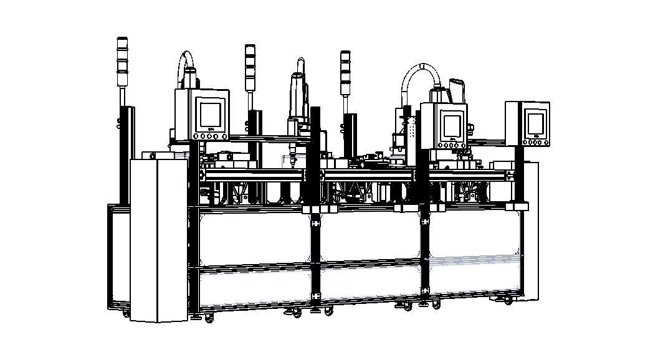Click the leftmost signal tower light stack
(122, 62)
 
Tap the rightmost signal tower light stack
(345, 72)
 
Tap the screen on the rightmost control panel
(535, 122)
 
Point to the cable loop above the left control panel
(184, 65)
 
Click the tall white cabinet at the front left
(158, 240)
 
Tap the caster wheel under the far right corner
(508, 301)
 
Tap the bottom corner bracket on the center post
(315, 293)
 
